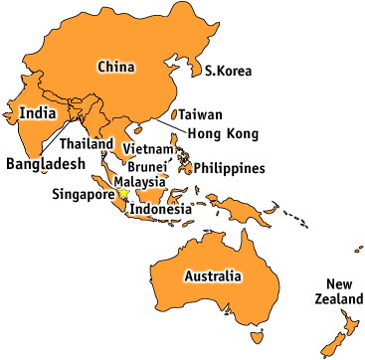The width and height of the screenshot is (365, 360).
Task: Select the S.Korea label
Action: click(x=228, y=71)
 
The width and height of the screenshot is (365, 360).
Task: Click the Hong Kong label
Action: click(x=223, y=133)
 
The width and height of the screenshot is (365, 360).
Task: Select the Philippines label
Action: click(x=229, y=168)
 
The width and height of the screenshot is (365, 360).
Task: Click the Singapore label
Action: click(x=84, y=194)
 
